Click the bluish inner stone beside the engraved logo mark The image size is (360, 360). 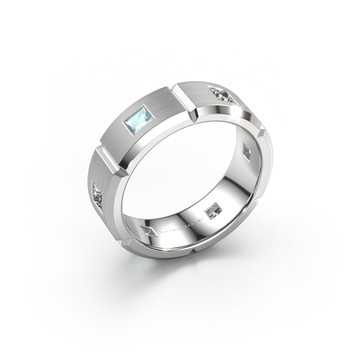149,232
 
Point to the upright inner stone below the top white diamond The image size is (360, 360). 247,150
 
